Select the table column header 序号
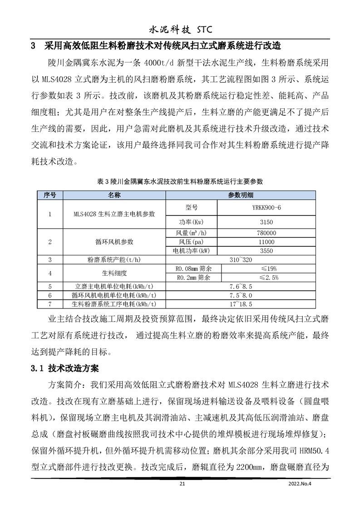(49, 195)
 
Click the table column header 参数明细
(241, 195)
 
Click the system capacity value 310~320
(241, 259)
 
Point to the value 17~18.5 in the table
(241, 304)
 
